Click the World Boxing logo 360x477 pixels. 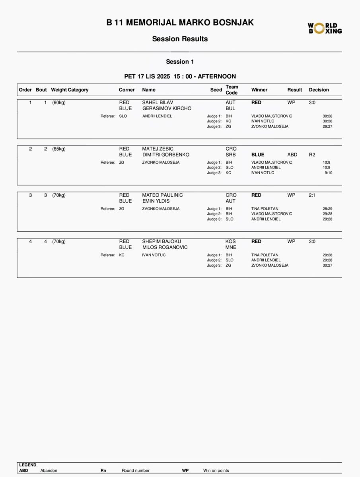325,28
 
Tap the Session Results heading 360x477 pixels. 180,39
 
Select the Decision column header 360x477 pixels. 319,90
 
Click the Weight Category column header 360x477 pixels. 70,90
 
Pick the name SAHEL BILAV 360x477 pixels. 158,103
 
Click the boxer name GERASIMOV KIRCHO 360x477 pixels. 167,108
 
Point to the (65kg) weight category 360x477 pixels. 58,149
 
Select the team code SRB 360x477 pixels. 231,155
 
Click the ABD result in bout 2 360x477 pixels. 292,155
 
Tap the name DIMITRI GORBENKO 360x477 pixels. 165,155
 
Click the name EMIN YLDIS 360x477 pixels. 156,201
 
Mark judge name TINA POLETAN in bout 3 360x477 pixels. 265,209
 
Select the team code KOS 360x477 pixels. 231,241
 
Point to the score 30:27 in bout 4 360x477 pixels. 327,266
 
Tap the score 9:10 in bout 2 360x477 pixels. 328,173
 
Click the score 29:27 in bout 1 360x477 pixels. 327,126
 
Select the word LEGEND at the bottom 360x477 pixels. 28,465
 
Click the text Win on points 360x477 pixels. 216,471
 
